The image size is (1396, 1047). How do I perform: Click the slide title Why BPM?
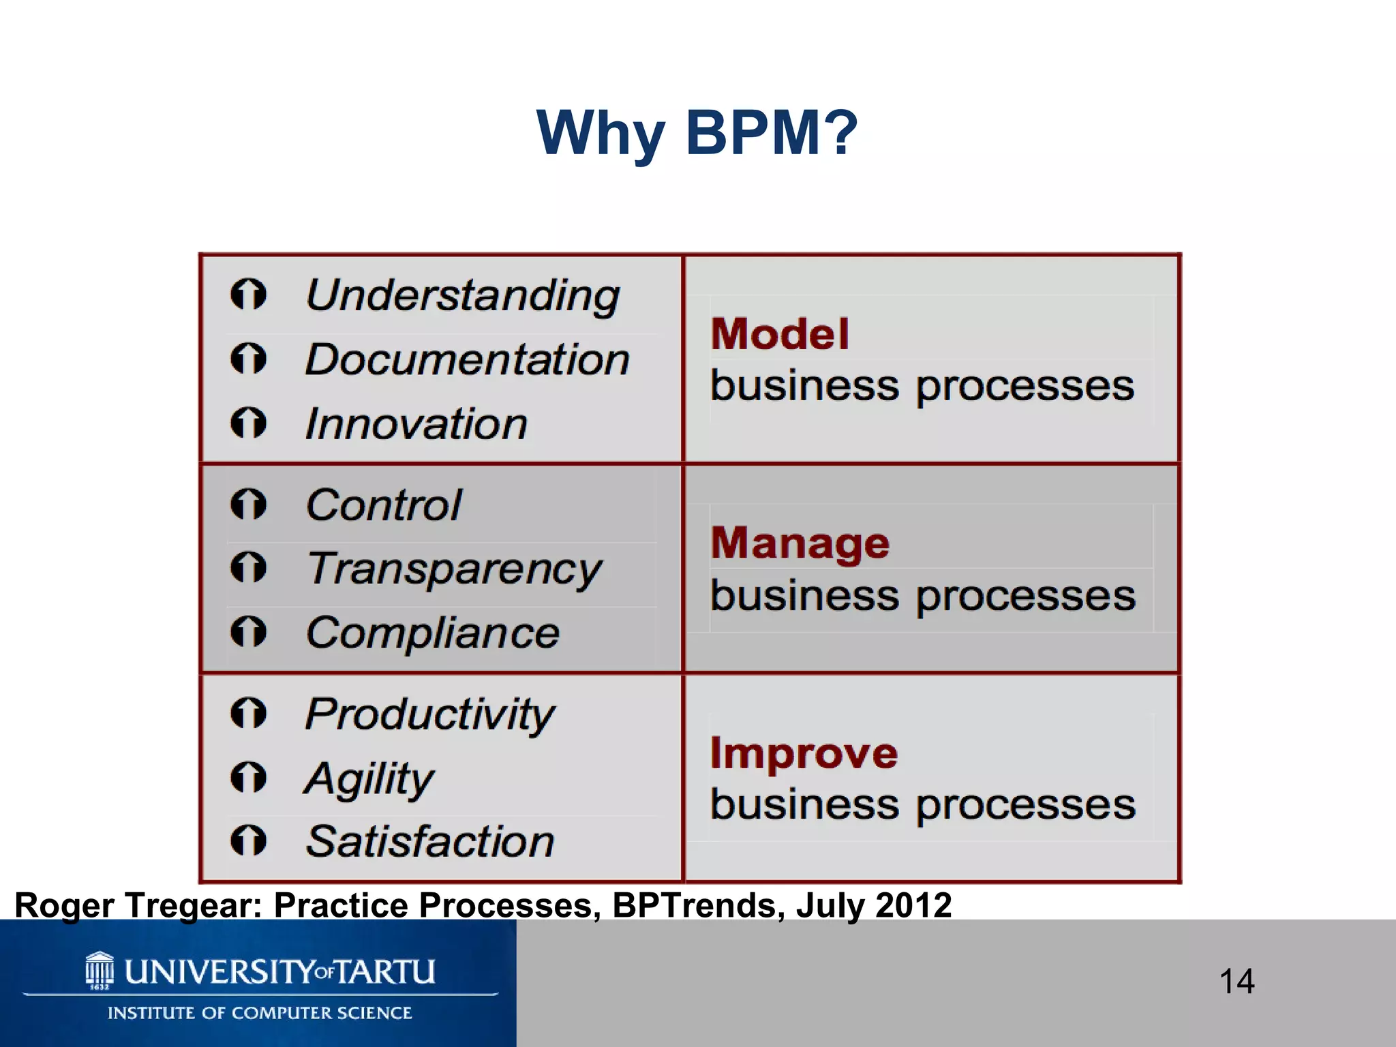point(697,134)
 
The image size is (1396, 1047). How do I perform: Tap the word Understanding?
point(463,296)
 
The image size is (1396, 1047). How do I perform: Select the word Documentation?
point(468,359)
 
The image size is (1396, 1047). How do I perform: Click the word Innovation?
point(416,424)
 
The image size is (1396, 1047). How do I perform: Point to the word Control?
point(384,505)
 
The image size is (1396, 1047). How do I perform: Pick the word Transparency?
point(454,569)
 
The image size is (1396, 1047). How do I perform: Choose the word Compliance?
point(433,633)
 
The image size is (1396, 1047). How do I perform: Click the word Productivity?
point(429,714)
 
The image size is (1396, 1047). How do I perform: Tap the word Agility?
point(369,778)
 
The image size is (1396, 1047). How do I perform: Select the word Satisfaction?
point(430,842)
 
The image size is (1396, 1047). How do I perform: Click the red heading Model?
point(780,335)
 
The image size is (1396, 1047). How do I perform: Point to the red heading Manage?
point(800,544)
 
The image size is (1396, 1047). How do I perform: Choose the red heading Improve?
point(804,754)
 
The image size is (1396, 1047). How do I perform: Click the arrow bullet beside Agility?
point(248,777)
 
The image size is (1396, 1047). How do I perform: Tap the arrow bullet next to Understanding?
point(248,294)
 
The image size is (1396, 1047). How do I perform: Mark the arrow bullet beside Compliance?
point(248,631)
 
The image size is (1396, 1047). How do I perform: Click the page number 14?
point(1236,982)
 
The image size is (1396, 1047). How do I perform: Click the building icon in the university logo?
point(100,970)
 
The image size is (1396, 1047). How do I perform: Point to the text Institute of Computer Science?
point(260,1013)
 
